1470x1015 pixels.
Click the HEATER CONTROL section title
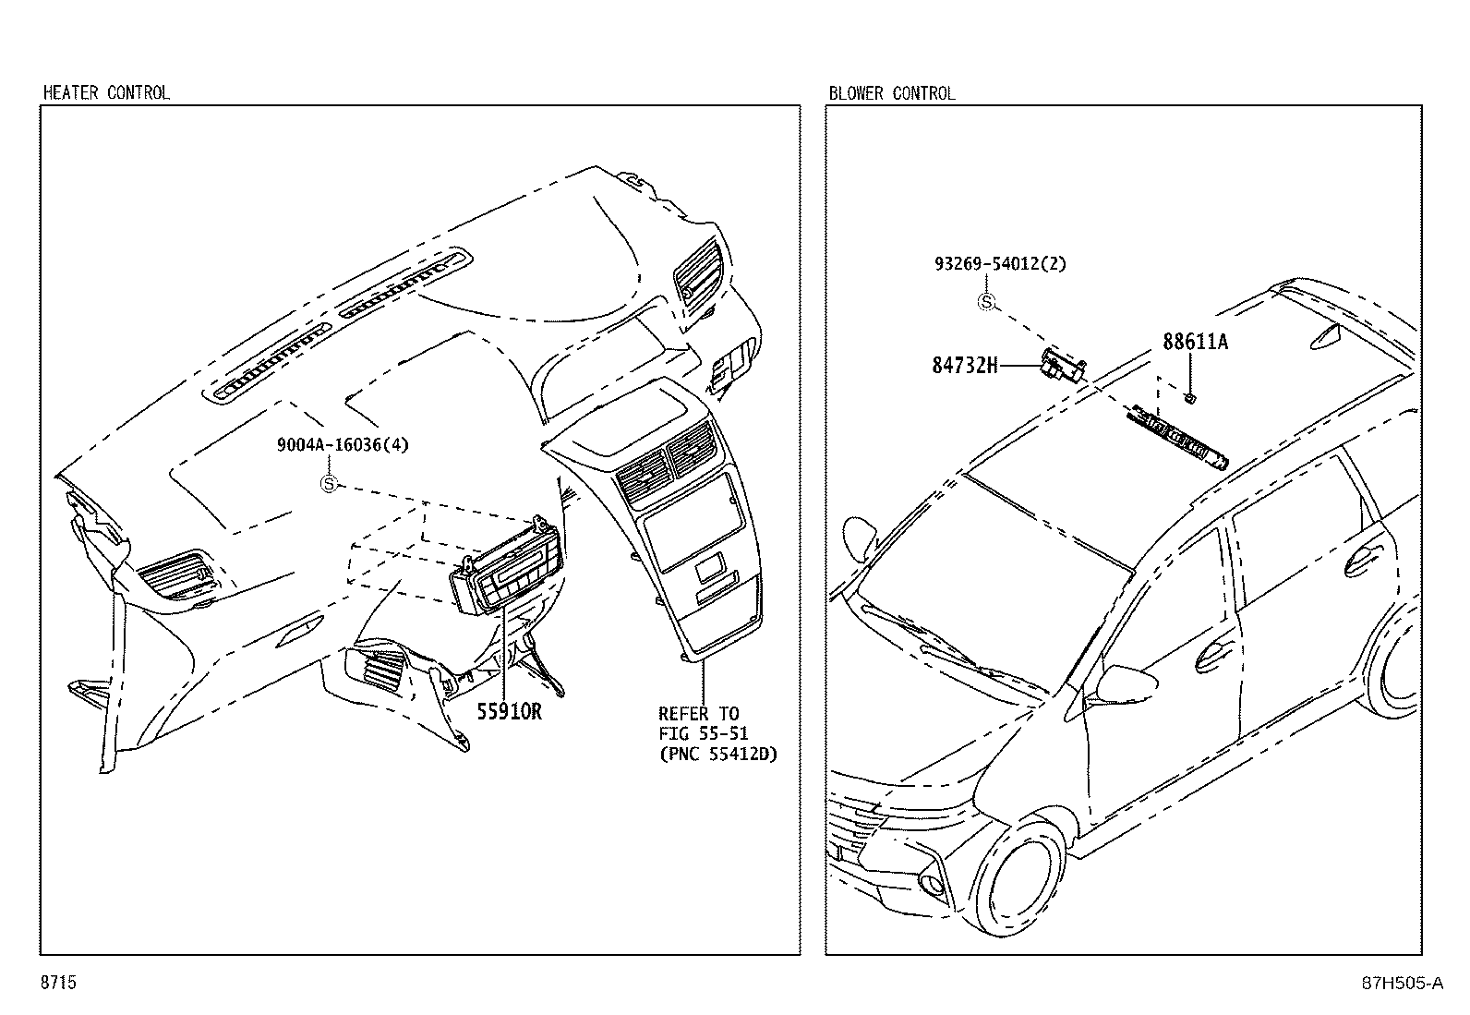pyautogui.click(x=106, y=92)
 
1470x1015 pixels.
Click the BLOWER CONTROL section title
pyautogui.click(x=891, y=92)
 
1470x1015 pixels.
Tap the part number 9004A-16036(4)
pyautogui.click(x=343, y=444)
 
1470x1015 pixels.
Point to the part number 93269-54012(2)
pyautogui.click(x=999, y=263)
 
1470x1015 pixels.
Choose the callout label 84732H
pyautogui.click(x=965, y=366)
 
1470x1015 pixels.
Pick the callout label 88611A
pyautogui.click(x=1195, y=342)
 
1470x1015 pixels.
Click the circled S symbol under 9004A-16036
pyautogui.click(x=328, y=482)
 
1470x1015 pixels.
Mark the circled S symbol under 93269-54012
pyautogui.click(x=987, y=301)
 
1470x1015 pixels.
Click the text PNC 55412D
pyautogui.click(x=718, y=754)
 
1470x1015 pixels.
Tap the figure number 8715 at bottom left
pyautogui.click(x=57, y=983)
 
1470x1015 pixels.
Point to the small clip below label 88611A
pyautogui.click(x=1191, y=398)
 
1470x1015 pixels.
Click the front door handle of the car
pyautogui.click(x=1208, y=659)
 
